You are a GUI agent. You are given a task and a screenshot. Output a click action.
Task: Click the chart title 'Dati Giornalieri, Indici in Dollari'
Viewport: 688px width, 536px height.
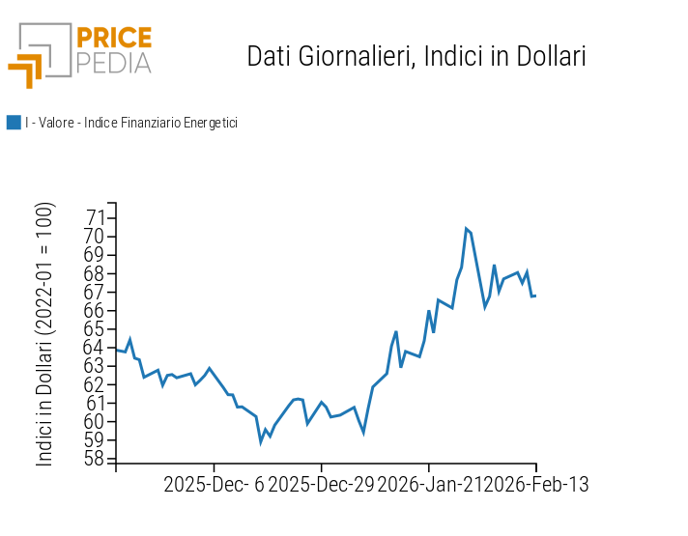416,56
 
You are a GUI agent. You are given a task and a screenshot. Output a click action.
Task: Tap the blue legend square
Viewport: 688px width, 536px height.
14,123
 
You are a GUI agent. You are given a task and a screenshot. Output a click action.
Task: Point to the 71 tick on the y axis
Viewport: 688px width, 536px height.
97,218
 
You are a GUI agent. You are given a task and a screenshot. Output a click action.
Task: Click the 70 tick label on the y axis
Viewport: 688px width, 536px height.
97,237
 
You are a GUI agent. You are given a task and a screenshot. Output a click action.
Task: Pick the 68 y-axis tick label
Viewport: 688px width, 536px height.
97,273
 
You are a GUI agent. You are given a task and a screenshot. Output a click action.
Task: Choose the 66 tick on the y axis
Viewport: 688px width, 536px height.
97,311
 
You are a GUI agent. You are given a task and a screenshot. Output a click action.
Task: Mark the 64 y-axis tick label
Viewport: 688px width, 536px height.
97,348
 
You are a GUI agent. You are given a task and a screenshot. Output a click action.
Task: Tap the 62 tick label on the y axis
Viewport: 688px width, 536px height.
97,384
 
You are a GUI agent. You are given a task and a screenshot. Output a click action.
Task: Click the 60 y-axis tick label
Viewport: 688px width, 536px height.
97,421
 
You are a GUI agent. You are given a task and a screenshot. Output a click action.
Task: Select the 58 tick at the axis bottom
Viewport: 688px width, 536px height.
97,459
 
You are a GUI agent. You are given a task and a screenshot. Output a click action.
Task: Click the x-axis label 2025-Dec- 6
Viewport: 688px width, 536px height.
213,485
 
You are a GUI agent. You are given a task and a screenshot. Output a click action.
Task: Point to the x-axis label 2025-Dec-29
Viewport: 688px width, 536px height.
320,485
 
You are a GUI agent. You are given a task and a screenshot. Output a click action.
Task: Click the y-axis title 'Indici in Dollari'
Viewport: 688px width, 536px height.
45,335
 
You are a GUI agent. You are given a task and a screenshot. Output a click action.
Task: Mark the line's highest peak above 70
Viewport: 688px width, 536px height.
466,229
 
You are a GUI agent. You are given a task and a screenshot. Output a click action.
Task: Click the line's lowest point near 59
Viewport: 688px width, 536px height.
260,441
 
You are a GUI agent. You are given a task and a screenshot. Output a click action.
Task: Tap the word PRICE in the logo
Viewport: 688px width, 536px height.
113,39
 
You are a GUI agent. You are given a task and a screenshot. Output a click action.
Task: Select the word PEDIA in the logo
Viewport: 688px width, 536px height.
113,64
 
